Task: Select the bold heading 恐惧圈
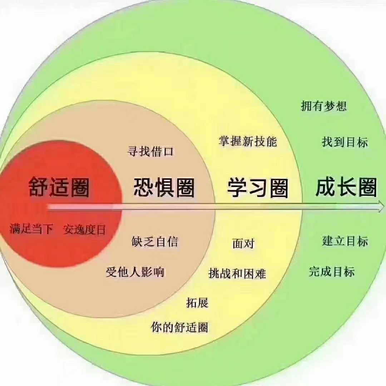pyautogui.click(x=164, y=187)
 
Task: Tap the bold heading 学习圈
pyautogui.click(x=257, y=188)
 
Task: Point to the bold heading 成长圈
pyautogui.click(x=346, y=187)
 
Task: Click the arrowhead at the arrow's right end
pyautogui.click(x=380, y=206)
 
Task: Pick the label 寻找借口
pyautogui.click(x=150, y=151)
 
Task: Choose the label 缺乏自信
pyautogui.click(x=154, y=242)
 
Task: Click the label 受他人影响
pyautogui.click(x=135, y=272)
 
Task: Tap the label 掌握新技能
pyautogui.click(x=248, y=141)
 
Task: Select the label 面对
pyautogui.click(x=243, y=243)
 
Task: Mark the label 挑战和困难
pyautogui.click(x=237, y=273)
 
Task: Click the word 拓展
pyautogui.click(x=197, y=303)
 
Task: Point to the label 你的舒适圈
pyautogui.click(x=179, y=327)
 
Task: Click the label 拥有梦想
pyautogui.click(x=323, y=106)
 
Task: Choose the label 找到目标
pyautogui.click(x=345, y=142)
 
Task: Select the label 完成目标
pyautogui.click(x=332, y=272)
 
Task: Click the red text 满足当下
pyautogui.click(x=31, y=229)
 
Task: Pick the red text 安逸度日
pyautogui.click(x=84, y=229)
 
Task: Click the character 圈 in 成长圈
pyautogui.click(x=367, y=188)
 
